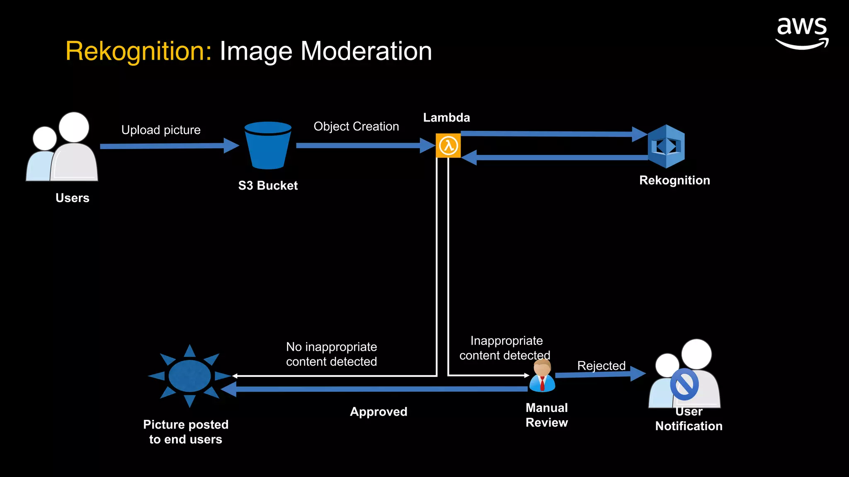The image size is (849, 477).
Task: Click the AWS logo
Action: pyautogui.click(x=802, y=33)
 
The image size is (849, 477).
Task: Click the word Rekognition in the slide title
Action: pyautogui.click(x=138, y=51)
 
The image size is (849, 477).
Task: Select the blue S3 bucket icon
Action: pyautogui.click(x=268, y=145)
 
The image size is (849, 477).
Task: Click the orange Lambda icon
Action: pyautogui.click(x=448, y=145)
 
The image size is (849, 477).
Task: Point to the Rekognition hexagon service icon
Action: pyautogui.click(x=666, y=146)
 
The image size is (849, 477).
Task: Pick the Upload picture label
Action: pyautogui.click(x=161, y=130)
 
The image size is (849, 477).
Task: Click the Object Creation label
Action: pyautogui.click(x=356, y=126)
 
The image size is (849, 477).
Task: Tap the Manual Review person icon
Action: pyautogui.click(x=542, y=376)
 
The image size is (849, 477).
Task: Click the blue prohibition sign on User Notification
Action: pyautogui.click(x=684, y=384)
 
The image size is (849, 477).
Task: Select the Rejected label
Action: pyautogui.click(x=601, y=366)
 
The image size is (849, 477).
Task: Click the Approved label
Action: pyautogui.click(x=378, y=412)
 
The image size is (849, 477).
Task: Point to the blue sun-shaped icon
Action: pyautogui.click(x=189, y=376)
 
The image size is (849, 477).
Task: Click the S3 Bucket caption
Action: pyautogui.click(x=268, y=185)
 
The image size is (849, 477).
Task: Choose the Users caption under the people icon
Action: pyautogui.click(x=73, y=198)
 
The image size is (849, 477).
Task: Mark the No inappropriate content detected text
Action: pyautogui.click(x=331, y=354)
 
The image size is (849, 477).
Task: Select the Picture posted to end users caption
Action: pyautogui.click(x=186, y=432)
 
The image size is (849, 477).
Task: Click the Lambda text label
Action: pyautogui.click(x=446, y=118)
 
